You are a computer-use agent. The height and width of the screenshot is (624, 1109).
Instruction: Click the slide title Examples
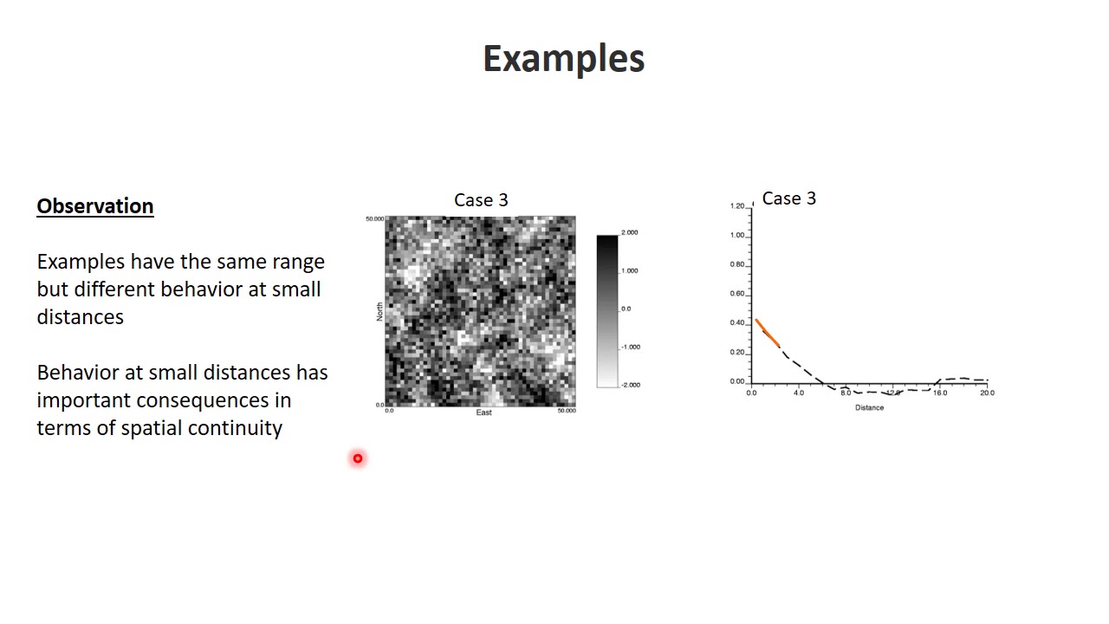563,59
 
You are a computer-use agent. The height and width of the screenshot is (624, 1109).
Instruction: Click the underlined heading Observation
95,206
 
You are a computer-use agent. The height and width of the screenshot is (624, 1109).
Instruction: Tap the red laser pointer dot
357,458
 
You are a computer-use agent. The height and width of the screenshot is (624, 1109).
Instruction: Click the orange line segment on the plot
766,332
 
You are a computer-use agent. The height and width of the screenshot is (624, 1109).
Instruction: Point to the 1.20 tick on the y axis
737,206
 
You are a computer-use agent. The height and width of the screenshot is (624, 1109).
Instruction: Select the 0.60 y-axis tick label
737,294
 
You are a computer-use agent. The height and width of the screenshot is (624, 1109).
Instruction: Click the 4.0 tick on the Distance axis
798,393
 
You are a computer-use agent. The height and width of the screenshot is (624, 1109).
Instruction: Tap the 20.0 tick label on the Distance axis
987,393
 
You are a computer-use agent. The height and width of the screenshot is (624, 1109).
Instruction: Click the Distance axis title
869,407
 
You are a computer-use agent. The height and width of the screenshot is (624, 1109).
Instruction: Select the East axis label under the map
483,413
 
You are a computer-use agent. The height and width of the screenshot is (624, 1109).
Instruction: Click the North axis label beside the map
379,312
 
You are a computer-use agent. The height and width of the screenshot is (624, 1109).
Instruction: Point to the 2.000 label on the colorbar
630,232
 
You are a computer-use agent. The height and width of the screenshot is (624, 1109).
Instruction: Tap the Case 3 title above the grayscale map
481,200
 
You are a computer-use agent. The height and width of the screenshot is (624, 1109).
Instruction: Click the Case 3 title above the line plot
788,198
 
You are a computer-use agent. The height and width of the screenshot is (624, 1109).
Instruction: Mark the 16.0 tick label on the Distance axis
939,393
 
